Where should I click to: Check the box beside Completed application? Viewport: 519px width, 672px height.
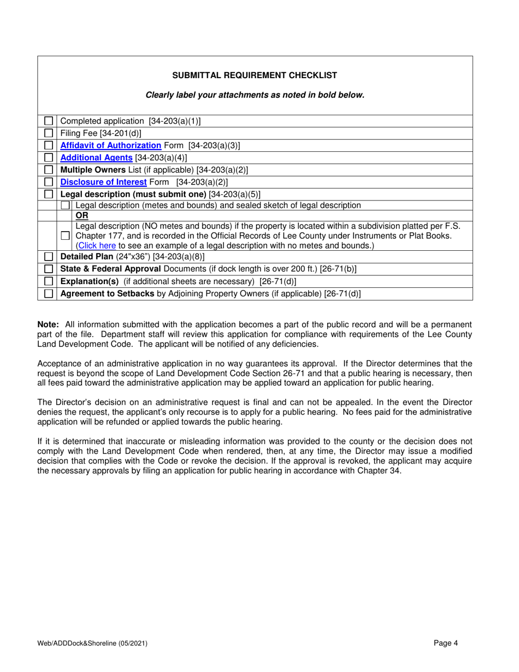coord(49,121)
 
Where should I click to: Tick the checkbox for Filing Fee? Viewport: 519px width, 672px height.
coord(49,133)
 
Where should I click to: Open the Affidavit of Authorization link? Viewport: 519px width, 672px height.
coord(110,146)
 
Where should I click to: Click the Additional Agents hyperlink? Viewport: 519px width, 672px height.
coord(96,158)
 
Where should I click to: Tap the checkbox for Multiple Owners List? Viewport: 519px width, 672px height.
coord(49,170)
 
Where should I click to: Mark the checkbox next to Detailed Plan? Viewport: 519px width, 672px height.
coord(49,256)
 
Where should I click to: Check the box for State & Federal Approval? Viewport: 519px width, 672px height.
coord(49,269)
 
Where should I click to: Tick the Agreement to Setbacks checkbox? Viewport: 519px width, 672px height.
coord(49,293)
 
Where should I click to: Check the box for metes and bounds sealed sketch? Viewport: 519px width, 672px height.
coord(66,205)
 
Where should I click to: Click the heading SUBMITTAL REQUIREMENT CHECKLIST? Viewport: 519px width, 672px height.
coord(255,75)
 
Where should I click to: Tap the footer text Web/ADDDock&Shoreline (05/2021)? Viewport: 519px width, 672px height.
coord(92,644)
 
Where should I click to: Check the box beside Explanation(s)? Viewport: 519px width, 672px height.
coord(49,281)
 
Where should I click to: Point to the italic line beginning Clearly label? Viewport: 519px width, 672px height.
coord(255,95)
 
